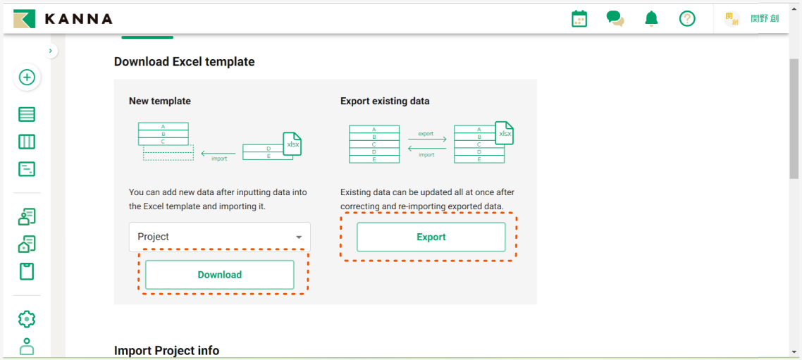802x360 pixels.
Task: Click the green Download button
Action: click(x=219, y=275)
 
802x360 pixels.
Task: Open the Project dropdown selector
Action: click(x=219, y=237)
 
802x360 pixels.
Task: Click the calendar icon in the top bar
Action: click(x=579, y=19)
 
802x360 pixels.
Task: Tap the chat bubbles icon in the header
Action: click(x=615, y=19)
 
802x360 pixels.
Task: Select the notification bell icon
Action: click(x=651, y=19)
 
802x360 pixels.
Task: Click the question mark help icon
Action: click(x=687, y=19)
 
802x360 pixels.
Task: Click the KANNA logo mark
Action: click(x=25, y=19)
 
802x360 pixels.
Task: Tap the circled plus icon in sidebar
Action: click(x=27, y=77)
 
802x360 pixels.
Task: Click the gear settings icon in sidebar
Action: click(x=27, y=318)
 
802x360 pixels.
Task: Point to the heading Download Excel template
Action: click(x=184, y=62)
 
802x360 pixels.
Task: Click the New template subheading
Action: click(x=159, y=101)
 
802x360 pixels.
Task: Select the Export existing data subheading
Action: click(x=385, y=101)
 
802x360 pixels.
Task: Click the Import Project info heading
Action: click(x=166, y=351)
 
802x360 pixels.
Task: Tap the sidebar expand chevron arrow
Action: click(x=51, y=51)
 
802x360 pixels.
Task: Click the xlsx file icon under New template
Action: click(x=292, y=144)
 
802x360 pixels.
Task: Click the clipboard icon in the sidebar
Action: click(x=27, y=271)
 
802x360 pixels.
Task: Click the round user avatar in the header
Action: click(x=732, y=19)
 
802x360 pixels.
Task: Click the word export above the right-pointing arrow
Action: click(x=426, y=133)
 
